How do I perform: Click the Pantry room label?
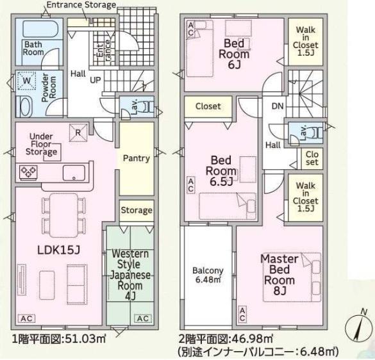click(136, 158)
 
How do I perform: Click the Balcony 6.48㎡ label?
click(208, 275)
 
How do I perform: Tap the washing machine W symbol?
click(27, 82)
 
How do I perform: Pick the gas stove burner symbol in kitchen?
click(29, 171)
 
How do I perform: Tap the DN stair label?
click(278, 106)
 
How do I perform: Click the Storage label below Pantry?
click(137, 210)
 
